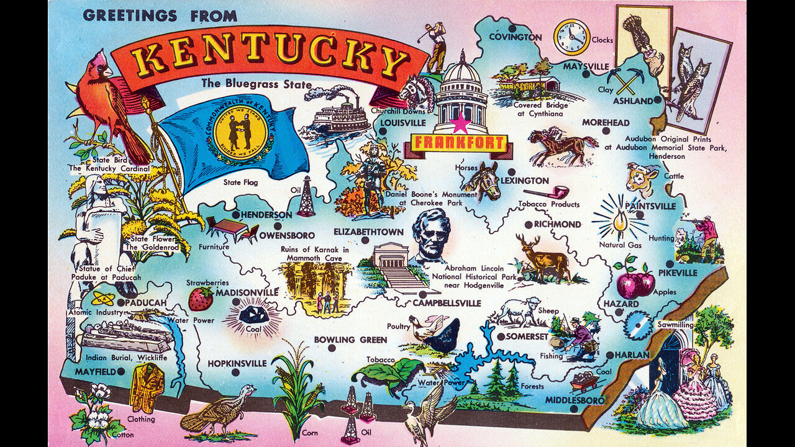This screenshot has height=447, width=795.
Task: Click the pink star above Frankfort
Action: (460, 124)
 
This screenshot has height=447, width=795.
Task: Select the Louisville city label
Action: (403, 123)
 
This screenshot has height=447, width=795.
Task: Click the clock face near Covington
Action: (571, 37)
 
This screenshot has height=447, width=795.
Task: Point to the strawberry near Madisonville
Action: (201, 299)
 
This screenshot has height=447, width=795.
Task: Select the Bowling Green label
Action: (350, 340)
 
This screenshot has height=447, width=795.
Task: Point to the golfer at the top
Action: (436, 47)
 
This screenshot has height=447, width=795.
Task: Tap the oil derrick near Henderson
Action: (305, 197)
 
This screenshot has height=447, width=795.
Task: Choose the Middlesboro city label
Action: (575, 400)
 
